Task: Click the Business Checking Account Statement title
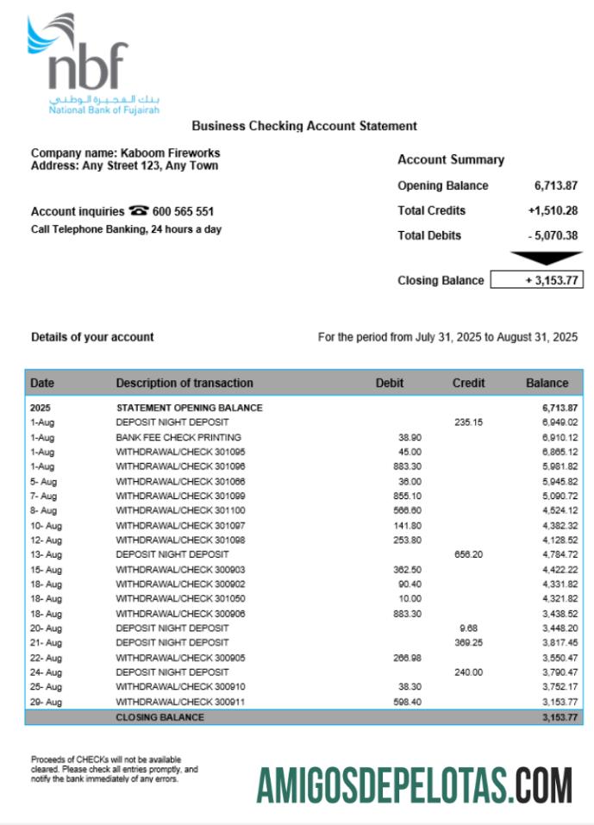tap(304, 126)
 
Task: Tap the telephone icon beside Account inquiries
tap(138, 211)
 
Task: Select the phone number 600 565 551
tap(184, 211)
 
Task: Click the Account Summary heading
tap(451, 159)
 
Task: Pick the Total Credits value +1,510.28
tap(553, 210)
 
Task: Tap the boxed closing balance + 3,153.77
tap(536, 280)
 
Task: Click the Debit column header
tap(390, 383)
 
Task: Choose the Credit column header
tap(468, 383)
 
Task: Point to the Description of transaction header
tap(184, 383)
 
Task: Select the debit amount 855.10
tap(407, 496)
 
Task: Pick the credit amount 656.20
tap(468, 554)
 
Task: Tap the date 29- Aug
tap(47, 703)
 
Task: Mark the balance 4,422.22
tap(560, 570)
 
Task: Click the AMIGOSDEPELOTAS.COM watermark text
tap(414, 785)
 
